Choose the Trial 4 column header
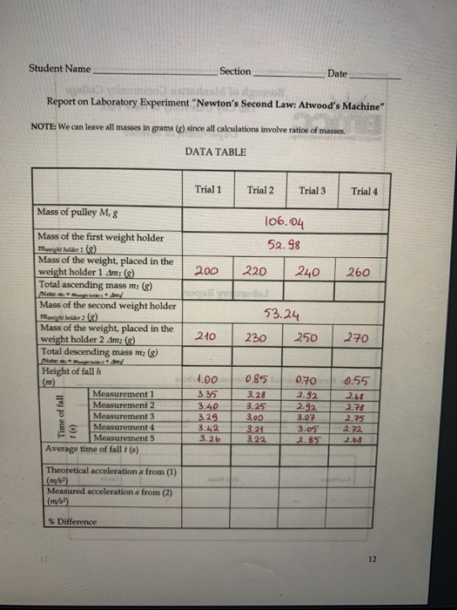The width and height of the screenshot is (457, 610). (363, 191)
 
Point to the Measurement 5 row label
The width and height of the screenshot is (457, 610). (125, 437)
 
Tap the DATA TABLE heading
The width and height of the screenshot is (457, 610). (215, 152)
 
